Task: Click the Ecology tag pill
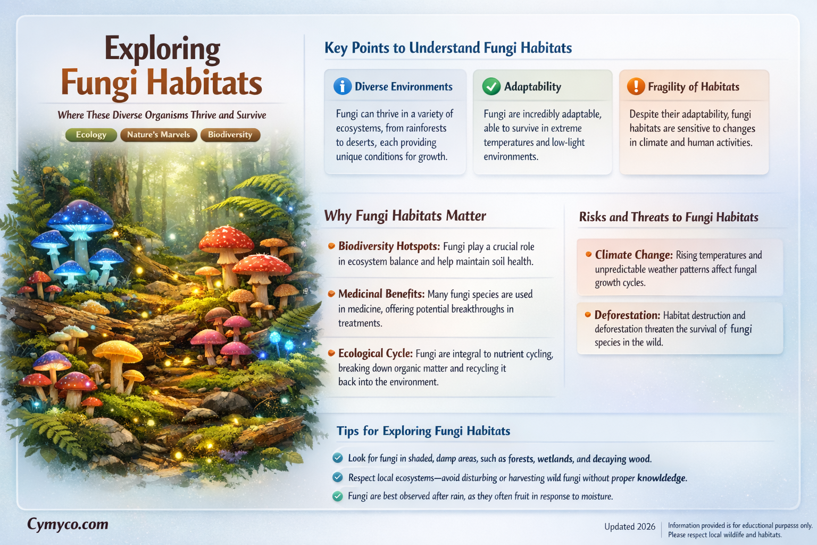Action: coord(91,135)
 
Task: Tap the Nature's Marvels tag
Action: coord(159,135)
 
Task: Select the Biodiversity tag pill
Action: coord(230,135)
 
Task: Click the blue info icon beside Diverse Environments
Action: coord(342,86)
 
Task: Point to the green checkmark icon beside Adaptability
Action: coord(491,86)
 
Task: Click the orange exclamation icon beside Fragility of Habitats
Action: coord(636,86)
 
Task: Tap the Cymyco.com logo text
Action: coord(68,524)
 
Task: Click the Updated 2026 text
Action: coord(629,526)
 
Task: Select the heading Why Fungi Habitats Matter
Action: coord(405,216)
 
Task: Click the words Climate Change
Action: coord(633,255)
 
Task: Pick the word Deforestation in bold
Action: coord(627,315)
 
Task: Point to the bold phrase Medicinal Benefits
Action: coord(381,294)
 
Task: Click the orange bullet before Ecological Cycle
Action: coord(331,353)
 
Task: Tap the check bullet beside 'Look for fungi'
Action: coord(337,458)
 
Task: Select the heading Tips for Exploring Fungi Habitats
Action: coord(423,431)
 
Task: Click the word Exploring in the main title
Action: coord(162,49)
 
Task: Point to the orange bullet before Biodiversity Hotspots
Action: coord(331,246)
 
